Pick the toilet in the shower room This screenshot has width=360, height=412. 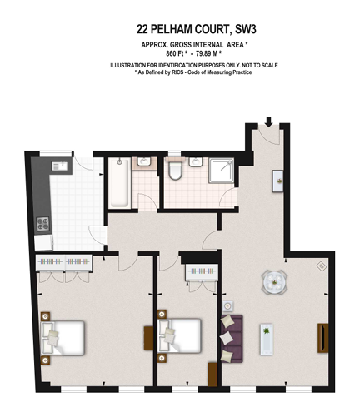point(175,172)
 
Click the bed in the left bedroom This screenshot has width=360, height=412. point(62,336)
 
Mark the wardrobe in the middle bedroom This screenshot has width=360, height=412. point(199,275)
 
